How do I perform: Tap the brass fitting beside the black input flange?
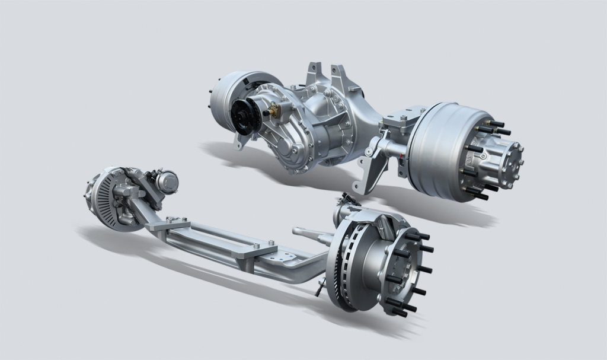click(273, 110)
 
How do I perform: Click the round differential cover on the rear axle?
click(292, 149)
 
